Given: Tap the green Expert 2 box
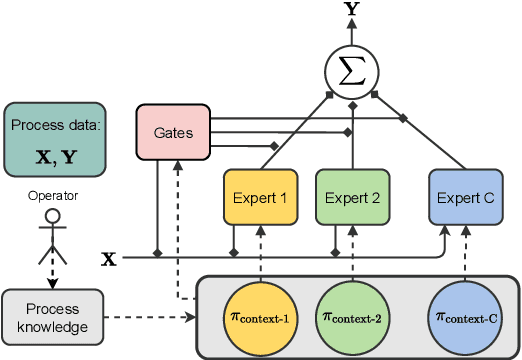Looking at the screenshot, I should pyautogui.click(x=350, y=197).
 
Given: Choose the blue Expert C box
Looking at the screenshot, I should pyautogui.click(x=464, y=197).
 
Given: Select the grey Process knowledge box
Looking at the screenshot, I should pyautogui.click(x=54, y=317).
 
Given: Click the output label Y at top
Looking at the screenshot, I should pyautogui.click(x=350, y=10).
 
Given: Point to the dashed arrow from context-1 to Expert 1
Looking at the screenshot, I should pyautogui.click(x=259, y=253).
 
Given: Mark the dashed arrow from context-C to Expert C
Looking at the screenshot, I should pyautogui.click(x=464, y=253).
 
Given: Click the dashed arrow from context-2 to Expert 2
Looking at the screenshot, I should pyautogui.click(x=350, y=253).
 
